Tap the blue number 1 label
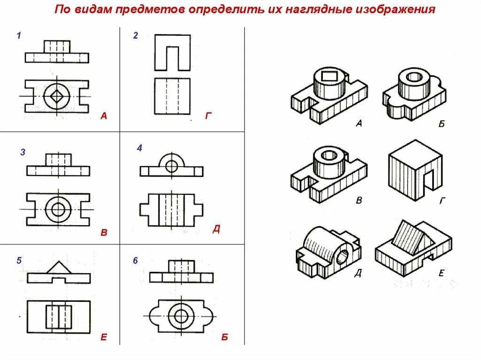pos(19,36)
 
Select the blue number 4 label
pos(140,148)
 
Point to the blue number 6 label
pos(135,260)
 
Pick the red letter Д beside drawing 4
pos(216,229)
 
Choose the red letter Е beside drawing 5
pos(104,337)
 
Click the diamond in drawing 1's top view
pos(57,96)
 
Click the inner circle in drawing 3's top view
pos(58,209)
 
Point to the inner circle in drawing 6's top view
pos(181,315)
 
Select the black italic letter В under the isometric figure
pos(359,200)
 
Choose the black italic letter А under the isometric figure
pos(358,124)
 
